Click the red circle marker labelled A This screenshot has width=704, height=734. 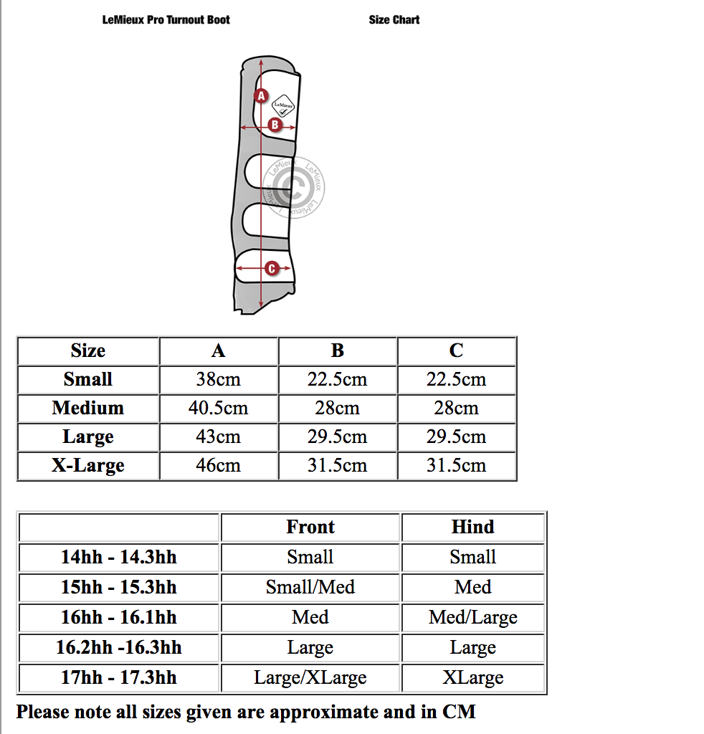point(261,95)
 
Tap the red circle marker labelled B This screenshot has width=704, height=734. point(274,125)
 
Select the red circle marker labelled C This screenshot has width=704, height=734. point(271,269)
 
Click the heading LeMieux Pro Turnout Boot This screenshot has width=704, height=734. point(166,20)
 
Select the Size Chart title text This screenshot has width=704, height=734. point(394,20)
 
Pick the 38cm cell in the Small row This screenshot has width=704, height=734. point(219,379)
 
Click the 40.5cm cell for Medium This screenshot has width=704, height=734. point(219,408)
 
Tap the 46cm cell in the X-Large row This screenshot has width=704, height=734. point(219,465)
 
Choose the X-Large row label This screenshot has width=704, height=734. point(88,465)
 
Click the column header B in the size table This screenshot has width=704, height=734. point(338,351)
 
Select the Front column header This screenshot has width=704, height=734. point(310,527)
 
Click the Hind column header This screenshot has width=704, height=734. point(473,527)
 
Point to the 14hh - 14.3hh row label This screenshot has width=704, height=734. point(119,557)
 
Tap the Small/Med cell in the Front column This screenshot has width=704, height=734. point(310,587)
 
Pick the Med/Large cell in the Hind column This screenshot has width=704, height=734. point(473,617)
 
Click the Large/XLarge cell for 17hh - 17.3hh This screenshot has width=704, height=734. point(310,677)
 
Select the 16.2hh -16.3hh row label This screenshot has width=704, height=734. point(119,647)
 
